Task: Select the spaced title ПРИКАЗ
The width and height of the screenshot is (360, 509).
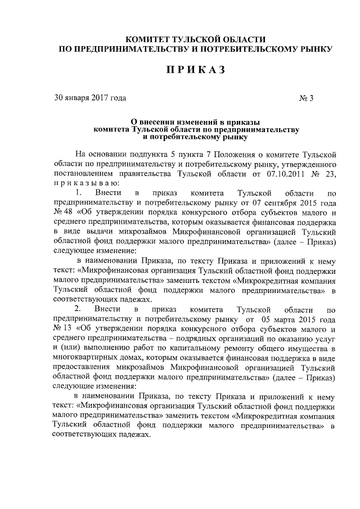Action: tap(195, 70)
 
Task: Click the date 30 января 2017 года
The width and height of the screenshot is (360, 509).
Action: tap(86, 98)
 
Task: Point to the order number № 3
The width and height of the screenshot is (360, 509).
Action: tap(306, 98)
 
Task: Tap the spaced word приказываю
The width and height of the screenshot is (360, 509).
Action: tap(85, 183)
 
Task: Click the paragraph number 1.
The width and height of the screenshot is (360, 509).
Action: tap(79, 193)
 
